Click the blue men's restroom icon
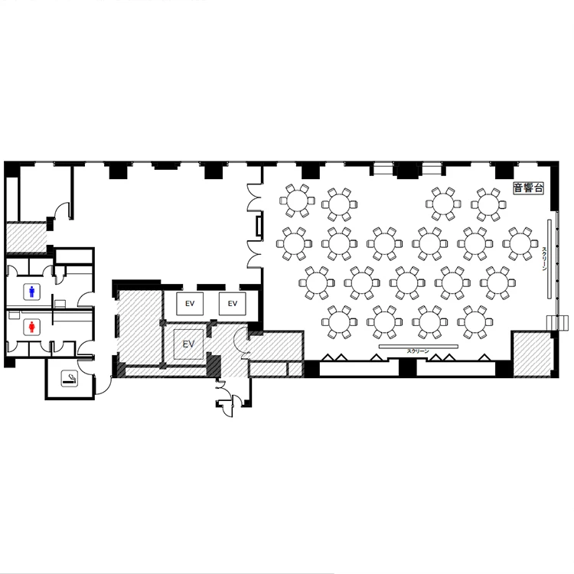click(x=32, y=292)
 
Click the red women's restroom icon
click(x=32, y=327)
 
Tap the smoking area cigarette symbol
click(x=69, y=379)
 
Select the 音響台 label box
click(x=528, y=188)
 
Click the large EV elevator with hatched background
click(x=188, y=344)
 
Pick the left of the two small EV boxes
click(x=190, y=304)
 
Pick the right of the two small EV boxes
click(x=233, y=304)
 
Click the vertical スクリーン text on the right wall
click(x=544, y=259)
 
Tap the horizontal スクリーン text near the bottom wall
click(x=418, y=351)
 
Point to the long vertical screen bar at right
click(x=550, y=259)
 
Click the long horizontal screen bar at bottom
click(x=419, y=346)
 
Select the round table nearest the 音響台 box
click(x=488, y=204)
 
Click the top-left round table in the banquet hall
click(x=297, y=201)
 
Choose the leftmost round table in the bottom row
click(x=339, y=322)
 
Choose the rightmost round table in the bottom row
click(x=475, y=322)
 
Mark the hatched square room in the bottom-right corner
click(x=533, y=354)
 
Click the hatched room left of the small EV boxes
click(x=140, y=327)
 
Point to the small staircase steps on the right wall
click(x=553, y=322)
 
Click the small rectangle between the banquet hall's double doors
click(x=259, y=227)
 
